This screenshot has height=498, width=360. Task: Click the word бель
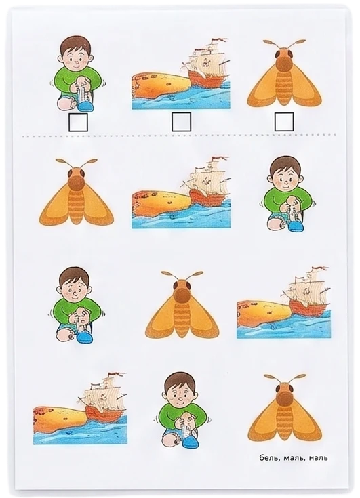(269, 457)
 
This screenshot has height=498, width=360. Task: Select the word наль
(318, 457)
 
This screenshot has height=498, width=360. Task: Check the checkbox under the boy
(78, 123)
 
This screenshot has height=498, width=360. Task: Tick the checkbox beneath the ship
(181, 122)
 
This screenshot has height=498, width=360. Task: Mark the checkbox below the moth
(284, 122)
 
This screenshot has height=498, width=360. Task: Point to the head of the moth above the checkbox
(284, 60)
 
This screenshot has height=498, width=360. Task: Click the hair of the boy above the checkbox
(76, 45)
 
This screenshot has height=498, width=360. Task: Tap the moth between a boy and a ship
(182, 305)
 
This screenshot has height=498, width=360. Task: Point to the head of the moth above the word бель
(284, 394)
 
